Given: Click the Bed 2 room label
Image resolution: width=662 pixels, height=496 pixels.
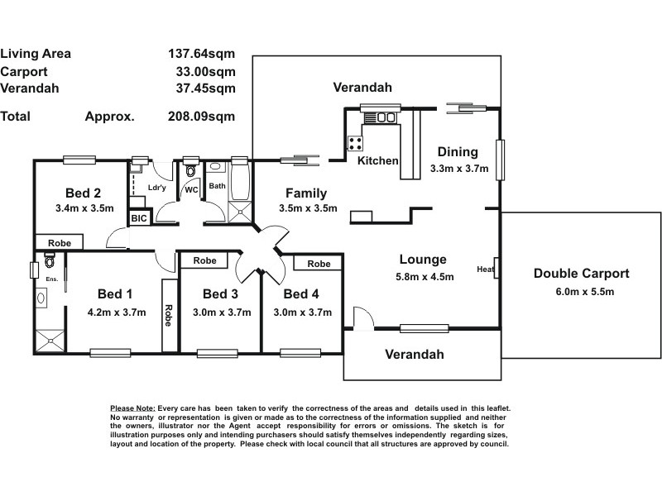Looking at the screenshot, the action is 84,193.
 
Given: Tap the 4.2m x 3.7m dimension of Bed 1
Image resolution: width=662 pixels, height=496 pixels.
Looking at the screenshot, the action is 117,312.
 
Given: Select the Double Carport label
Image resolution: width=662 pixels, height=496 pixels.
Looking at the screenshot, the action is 582,274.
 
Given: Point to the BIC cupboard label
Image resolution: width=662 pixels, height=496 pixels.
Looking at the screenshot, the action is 139,218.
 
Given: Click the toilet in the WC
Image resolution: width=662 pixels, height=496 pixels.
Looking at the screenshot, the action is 190,171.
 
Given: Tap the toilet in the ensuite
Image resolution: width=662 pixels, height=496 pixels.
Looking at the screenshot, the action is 50,260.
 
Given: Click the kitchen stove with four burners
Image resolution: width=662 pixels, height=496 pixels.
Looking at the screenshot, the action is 355,143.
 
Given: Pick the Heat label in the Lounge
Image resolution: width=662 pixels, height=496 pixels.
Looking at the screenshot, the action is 485,269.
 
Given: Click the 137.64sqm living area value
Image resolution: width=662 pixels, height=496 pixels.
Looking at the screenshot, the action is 201,54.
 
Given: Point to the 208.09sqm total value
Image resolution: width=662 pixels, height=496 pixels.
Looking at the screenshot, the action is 201,116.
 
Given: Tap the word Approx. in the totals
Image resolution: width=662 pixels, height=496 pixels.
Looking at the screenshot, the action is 110,117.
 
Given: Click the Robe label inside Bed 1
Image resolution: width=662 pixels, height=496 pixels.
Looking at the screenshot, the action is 168,316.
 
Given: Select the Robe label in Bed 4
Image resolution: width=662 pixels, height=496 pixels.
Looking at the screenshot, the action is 319,264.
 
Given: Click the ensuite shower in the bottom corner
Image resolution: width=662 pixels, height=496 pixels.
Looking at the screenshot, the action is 50,341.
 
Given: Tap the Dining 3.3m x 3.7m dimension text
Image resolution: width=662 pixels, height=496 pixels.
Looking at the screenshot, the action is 459,169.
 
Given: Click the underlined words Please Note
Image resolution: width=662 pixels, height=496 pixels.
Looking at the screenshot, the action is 133,408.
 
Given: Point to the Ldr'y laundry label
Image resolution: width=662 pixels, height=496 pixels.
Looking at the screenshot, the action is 156,188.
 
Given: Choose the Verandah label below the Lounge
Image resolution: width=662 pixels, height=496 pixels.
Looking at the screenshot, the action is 415,355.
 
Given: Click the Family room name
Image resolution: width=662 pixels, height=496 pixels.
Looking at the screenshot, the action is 306,193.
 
